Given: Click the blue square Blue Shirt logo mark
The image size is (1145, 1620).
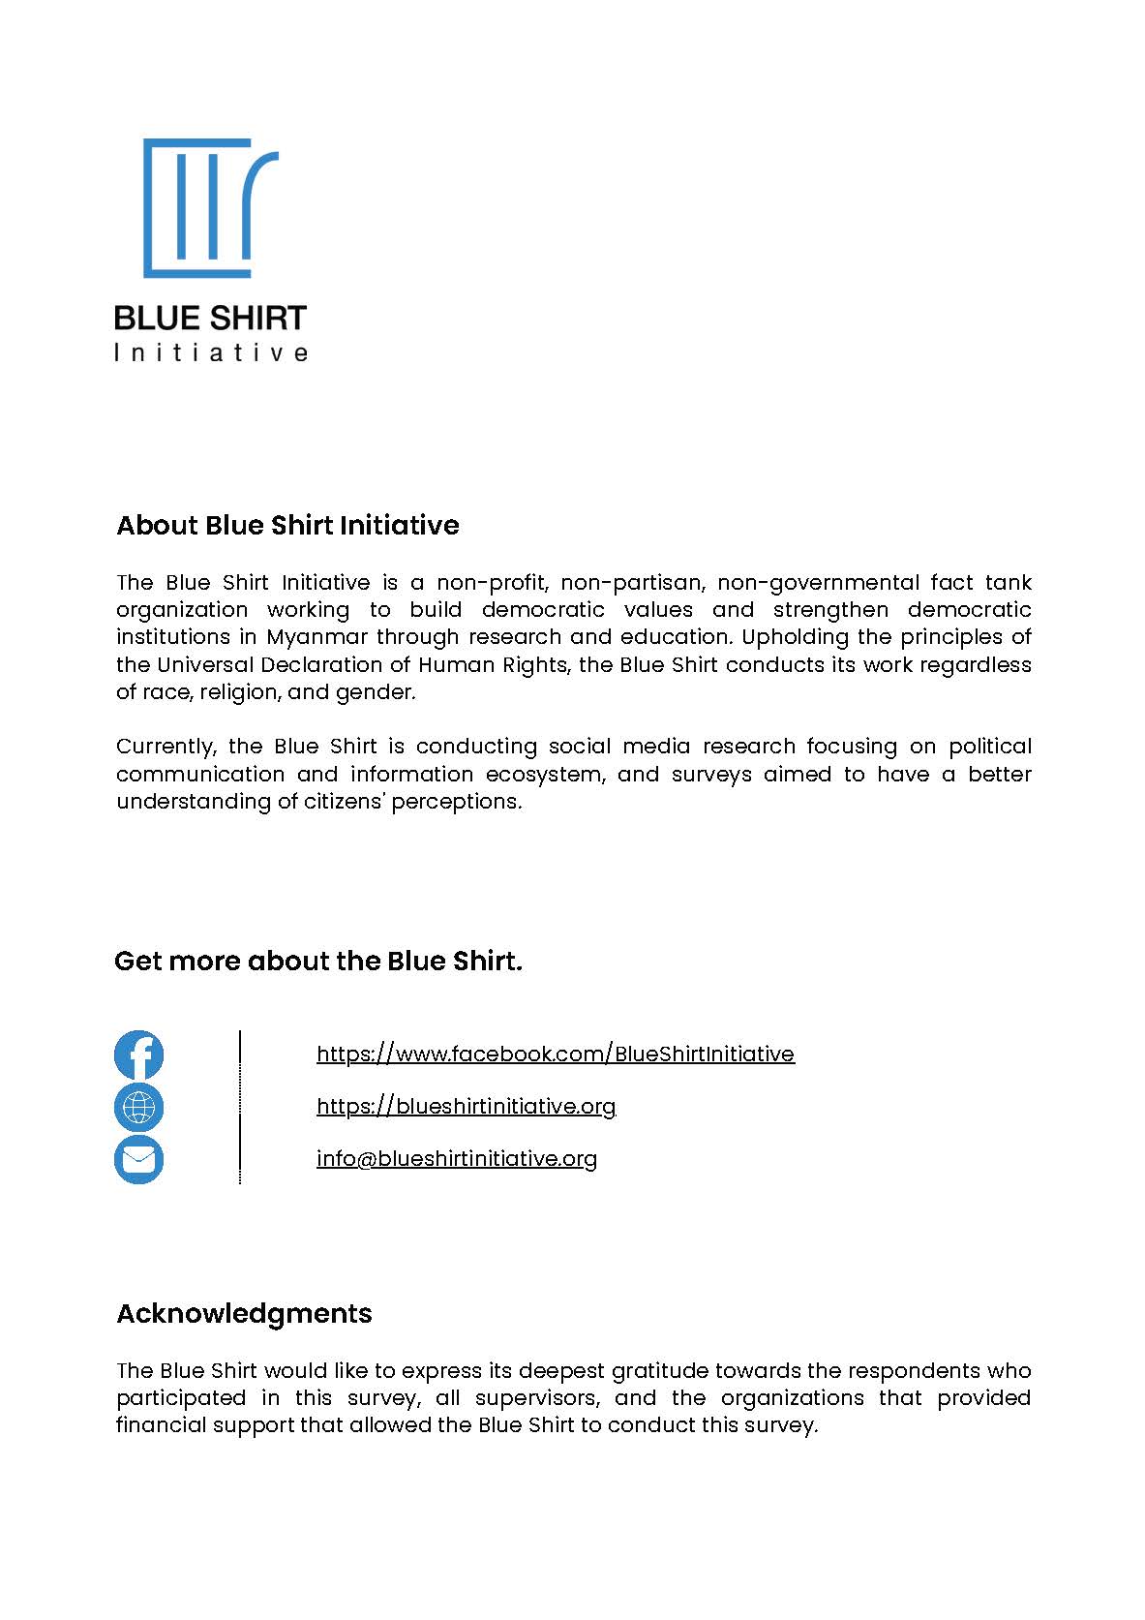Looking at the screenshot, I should tap(209, 207).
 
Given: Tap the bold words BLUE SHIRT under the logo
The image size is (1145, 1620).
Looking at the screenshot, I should tap(210, 318).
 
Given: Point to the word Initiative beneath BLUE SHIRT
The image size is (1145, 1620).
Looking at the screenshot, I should tap(210, 352).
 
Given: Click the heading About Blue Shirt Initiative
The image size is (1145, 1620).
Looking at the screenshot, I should tap(287, 525).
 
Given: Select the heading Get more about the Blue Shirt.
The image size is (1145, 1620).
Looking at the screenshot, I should tap(317, 961).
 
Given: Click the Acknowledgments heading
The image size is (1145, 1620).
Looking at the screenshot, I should tap(244, 1313).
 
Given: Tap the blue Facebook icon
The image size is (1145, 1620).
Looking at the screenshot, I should tap(138, 1055).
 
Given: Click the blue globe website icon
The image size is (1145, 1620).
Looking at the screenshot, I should tap(138, 1107).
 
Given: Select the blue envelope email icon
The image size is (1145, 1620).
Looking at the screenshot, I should tap(138, 1159).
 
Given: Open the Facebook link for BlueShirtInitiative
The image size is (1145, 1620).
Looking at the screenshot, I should tap(555, 1054).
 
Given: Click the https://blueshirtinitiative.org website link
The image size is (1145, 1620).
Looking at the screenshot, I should tap(466, 1106).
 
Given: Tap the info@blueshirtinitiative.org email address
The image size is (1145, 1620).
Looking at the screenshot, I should tap(456, 1158).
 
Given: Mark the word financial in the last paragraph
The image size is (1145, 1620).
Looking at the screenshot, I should tap(155, 1425).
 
